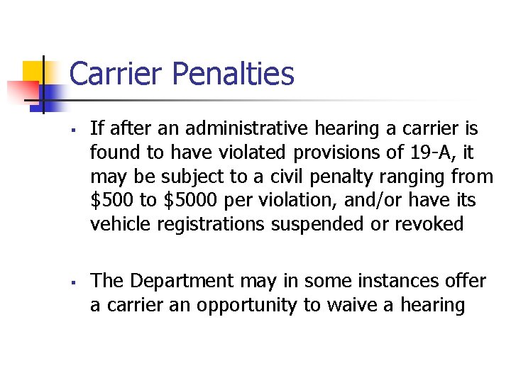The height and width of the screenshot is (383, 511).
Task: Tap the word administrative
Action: [x=226, y=129]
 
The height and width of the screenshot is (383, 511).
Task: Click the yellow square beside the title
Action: [x=33, y=72]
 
